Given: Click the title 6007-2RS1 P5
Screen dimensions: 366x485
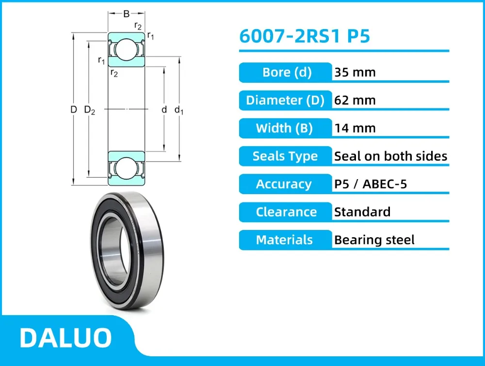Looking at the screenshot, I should [x=305, y=36].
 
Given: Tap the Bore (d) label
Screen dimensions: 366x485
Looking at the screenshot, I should [x=286, y=73].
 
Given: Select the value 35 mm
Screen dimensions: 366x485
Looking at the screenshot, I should [x=355, y=73].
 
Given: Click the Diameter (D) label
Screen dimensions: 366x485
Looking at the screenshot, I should [x=285, y=100].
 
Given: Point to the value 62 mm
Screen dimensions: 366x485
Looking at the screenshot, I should [x=355, y=100].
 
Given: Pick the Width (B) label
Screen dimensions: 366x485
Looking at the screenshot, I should [x=285, y=128].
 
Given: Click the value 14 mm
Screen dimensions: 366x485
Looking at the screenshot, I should [x=355, y=128].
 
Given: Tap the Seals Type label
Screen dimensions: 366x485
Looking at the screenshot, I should [x=285, y=156].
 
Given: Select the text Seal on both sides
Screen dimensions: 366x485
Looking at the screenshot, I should [x=390, y=156].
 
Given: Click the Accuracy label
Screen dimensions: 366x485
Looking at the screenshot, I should [x=284, y=184].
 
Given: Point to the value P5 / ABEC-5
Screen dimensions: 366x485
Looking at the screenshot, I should [x=371, y=184].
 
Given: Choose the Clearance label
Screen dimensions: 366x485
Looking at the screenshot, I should [x=286, y=212].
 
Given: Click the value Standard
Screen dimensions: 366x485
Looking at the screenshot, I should [x=362, y=212].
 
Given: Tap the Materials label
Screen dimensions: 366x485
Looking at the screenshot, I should [x=284, y=240].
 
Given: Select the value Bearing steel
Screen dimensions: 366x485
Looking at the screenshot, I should [x=374, y=240].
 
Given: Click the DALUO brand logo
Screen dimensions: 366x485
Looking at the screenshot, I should [x=65, y=338].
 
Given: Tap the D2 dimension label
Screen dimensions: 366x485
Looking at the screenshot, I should [x=90, y=110].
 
